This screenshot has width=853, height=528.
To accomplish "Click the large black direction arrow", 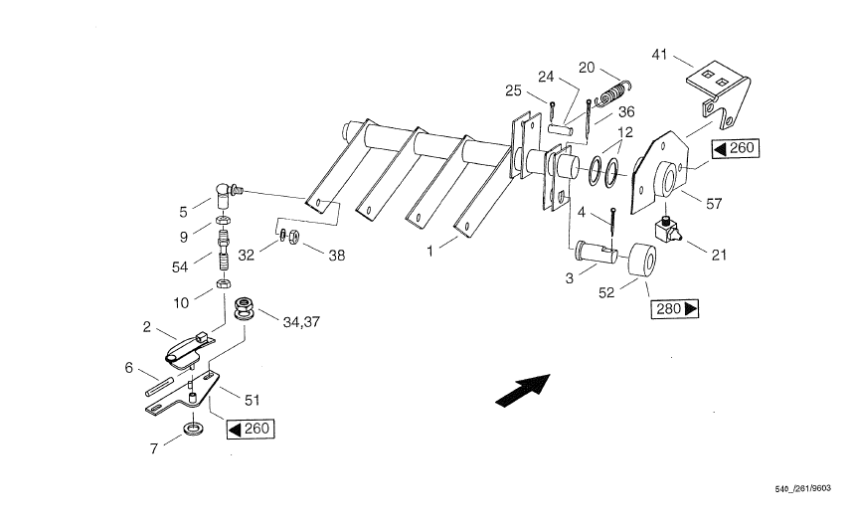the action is pos(523,391).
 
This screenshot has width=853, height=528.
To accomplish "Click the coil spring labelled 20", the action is pos(613,93).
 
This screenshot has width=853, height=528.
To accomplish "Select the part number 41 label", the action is pos(659,55).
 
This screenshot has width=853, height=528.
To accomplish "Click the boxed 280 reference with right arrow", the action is pos(675,308).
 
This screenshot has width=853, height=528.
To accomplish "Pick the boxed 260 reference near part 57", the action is pos(735,148).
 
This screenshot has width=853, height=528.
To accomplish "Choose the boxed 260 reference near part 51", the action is pos(251,429).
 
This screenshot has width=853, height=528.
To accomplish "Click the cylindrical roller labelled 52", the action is pos(642,261).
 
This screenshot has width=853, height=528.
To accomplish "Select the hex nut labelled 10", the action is pos(223,283).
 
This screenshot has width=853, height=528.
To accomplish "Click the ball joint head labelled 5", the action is pos(225,196).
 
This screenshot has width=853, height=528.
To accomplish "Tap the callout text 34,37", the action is pos(301,322).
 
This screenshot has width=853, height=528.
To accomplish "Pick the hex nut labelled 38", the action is pos(292,236).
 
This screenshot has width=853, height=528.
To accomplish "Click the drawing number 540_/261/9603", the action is pos(803,489).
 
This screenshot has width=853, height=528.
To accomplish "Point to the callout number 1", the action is pos(429,252).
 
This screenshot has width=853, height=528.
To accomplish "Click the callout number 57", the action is pos(714,204).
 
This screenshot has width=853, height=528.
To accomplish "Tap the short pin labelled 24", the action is pos(560,129).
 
